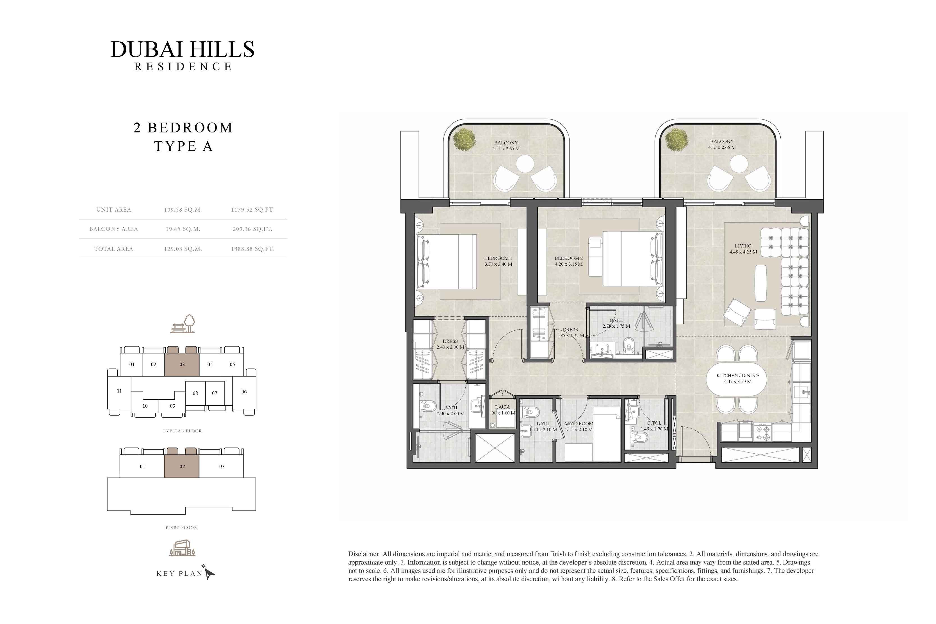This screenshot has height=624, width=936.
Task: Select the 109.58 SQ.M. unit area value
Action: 183,210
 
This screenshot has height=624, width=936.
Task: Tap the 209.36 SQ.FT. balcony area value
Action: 252,229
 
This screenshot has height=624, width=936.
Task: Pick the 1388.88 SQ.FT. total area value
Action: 252,249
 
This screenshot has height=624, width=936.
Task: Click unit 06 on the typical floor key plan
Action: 244,392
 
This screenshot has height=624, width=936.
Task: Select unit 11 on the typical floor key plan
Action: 119,391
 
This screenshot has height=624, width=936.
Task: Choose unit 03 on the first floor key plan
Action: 222,466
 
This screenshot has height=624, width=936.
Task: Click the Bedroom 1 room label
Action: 498,258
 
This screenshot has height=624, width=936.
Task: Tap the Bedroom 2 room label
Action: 569,258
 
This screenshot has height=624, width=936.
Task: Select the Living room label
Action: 743,246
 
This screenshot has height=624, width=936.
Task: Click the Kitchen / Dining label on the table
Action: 738,376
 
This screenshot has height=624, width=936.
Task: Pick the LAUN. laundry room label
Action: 502,407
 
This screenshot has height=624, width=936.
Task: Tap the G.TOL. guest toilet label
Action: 654,423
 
